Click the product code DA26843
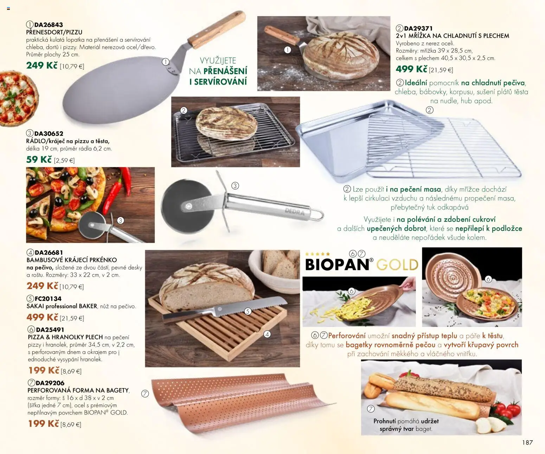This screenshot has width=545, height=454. [x=49, y=25]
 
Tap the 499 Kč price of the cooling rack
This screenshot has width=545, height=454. [x=411, y=69]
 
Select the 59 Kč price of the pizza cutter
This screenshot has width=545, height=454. [x=39, y=160]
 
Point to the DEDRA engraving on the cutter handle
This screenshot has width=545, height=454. [x=295, y=211]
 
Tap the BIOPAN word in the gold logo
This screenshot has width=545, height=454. [x=337, y=264]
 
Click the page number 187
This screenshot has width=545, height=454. [x=527, y=442]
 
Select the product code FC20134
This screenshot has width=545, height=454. [x=48, y=298]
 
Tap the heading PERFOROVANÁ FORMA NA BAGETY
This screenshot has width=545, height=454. [x=78, y=390]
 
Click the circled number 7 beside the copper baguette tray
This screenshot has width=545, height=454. [x=145, y=394]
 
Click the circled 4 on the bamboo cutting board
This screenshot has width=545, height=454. [x=267, y=334]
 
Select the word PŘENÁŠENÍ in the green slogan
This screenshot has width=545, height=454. [x=225, y=71]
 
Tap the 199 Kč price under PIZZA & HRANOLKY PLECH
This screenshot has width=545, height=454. [x=44, y=370]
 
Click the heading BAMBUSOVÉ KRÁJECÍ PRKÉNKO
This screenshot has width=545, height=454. [x=72, y=260]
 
